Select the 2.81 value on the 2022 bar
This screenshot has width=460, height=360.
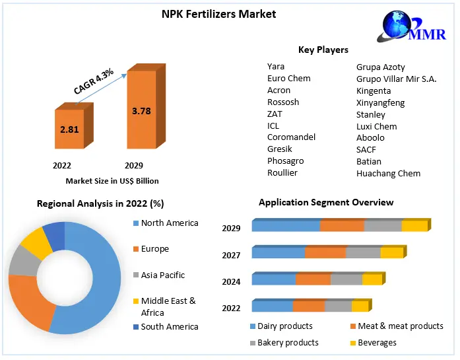tap(69, 129)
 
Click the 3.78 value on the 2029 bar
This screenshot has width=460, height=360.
tap(141, 111)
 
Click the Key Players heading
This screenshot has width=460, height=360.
tap(323, 50)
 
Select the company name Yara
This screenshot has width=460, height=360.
tap(276, 67)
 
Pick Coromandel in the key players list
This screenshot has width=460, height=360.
tap(291, 137)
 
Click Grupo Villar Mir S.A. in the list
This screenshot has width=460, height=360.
tap(396, 79)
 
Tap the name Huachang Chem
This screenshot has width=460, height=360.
tap(388, 173)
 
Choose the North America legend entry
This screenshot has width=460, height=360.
tap(169, 223)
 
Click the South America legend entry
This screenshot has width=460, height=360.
tap(169, 326)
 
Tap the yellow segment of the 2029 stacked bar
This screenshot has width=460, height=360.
tap(414, 227)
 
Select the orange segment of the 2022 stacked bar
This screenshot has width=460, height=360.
tap(308, 306)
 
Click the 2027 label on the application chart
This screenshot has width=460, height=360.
tap(231, 255)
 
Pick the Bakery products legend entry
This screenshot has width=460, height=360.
tap(287, 343)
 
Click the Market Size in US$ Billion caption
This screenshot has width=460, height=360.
tap(112, 181)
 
